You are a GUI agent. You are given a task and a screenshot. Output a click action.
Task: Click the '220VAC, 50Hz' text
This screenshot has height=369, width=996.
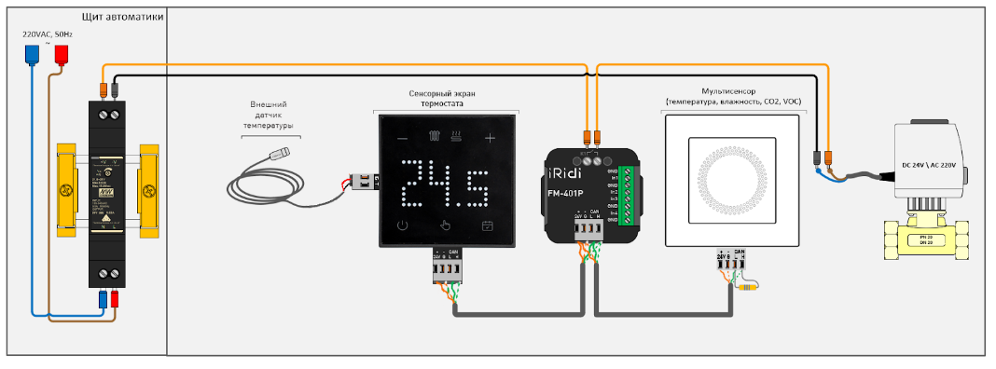pyautogui.click(x=48, y=34)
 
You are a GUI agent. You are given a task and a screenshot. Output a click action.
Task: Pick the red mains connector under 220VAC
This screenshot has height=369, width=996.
pyautogui.click(x=62, y=54)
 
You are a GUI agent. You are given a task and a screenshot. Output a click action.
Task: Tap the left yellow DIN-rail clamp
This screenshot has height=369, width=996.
pyautogui.click(x=65, y=190)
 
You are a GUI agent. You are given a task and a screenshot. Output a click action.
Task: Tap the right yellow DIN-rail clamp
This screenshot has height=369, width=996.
pyautogui.click(x=149, y=190)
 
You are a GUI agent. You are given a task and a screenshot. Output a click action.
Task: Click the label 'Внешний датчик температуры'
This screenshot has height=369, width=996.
pyautogui.click(x=268, y=115)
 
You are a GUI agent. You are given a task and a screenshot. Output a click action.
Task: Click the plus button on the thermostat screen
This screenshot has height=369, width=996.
pyautogui.click(x=491, y=139)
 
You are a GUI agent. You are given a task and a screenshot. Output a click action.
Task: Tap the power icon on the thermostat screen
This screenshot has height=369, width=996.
pyautogui.click(x=402, y=225)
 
